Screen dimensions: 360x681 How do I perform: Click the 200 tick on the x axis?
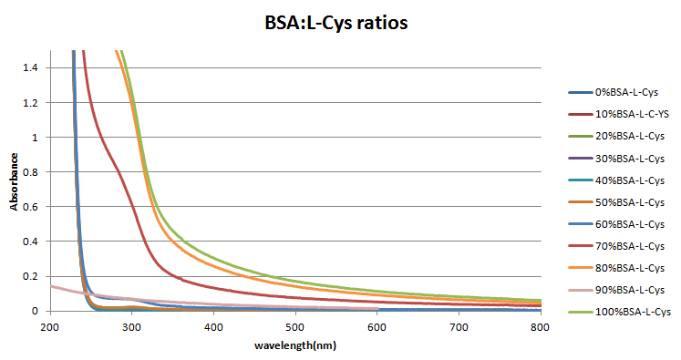[50, 326]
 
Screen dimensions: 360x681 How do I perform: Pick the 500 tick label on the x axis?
[294, 326]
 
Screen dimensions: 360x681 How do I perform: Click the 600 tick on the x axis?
[376, 326]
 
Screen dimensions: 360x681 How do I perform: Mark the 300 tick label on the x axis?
[131, 326]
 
